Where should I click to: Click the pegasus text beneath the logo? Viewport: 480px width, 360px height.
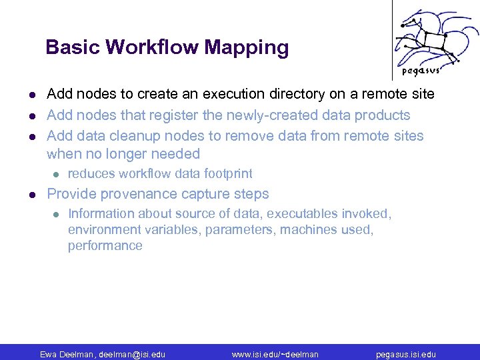(421, 71)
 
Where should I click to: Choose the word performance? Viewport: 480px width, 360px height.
(105, 245)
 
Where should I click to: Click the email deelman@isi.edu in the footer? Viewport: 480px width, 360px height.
(132, 354)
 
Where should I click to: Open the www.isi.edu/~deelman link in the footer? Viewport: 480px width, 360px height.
(275, 354)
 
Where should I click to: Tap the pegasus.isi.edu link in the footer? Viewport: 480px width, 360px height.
(405, 354)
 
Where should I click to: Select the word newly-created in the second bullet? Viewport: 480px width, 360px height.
(269, 115)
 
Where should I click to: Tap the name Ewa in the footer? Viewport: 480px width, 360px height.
(49, 354)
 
